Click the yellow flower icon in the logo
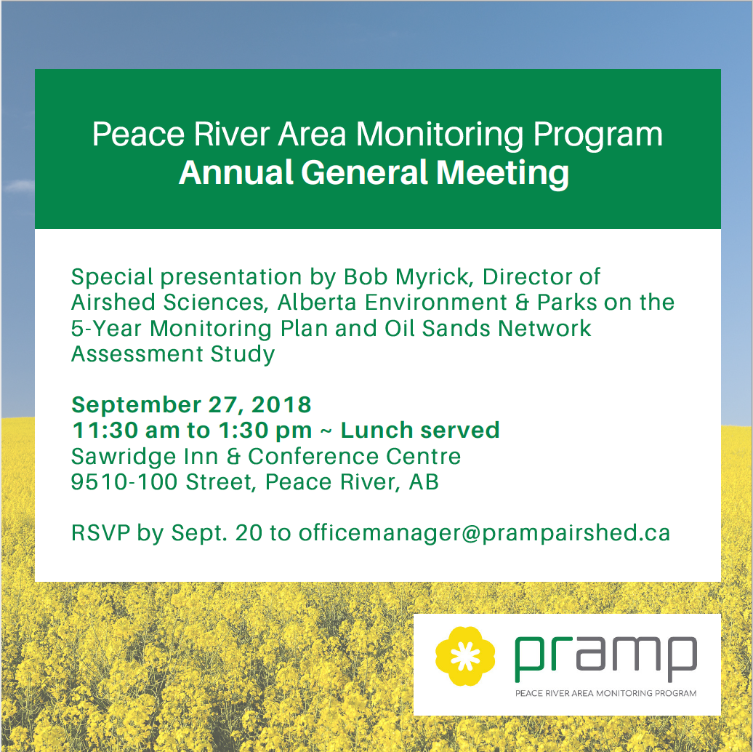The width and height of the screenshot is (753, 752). [x=465, y=655]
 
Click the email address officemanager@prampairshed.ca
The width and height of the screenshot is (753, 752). [x=484, y=533]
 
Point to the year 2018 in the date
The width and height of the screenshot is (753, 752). [x=281, y=404]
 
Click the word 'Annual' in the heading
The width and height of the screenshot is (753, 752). [x=235, y=172]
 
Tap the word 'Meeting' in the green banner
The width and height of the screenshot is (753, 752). [x=502, y=173]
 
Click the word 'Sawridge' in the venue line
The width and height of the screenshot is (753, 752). [x=124, y=457]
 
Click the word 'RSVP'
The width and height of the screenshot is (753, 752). [x=101, y=533]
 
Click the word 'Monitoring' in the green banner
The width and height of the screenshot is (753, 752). [x=440, y=135]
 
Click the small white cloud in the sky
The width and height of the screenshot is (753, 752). [x=19, y=185]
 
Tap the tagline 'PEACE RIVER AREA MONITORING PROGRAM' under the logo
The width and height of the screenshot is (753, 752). [x=605, y=693]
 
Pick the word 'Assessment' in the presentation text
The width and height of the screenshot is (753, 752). [x=137, y=353]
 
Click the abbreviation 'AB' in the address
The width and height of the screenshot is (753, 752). [x=424, y=481]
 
